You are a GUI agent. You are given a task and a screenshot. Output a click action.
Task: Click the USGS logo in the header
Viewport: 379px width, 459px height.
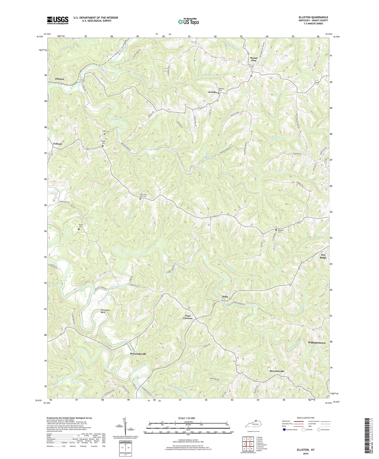(58, 20)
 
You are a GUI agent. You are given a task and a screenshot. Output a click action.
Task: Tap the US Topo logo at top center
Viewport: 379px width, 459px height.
(188, 22)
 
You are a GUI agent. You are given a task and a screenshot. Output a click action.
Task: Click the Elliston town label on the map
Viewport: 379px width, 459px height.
(60, 79)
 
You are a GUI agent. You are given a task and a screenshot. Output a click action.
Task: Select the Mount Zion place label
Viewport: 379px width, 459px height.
(253, 59)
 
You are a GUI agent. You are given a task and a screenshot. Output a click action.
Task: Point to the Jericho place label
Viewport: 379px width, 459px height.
(212, 92)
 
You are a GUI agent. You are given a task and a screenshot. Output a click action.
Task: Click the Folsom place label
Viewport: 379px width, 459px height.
(57, 144)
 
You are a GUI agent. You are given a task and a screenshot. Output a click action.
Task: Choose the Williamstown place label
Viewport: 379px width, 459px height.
(317, 343)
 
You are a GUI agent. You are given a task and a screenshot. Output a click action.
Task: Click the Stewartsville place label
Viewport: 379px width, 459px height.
(277, 371)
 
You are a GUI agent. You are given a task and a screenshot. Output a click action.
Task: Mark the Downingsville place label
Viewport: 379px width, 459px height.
(138, 354)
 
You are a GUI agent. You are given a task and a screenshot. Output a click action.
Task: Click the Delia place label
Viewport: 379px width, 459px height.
(225, 296)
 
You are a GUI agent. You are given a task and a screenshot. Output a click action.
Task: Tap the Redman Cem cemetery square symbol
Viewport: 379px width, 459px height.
(276, 230)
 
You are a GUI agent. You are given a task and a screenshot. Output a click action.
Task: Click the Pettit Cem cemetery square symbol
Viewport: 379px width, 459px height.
(79, 229)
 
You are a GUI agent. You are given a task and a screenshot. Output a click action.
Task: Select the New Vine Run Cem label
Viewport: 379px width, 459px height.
(143, 195)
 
